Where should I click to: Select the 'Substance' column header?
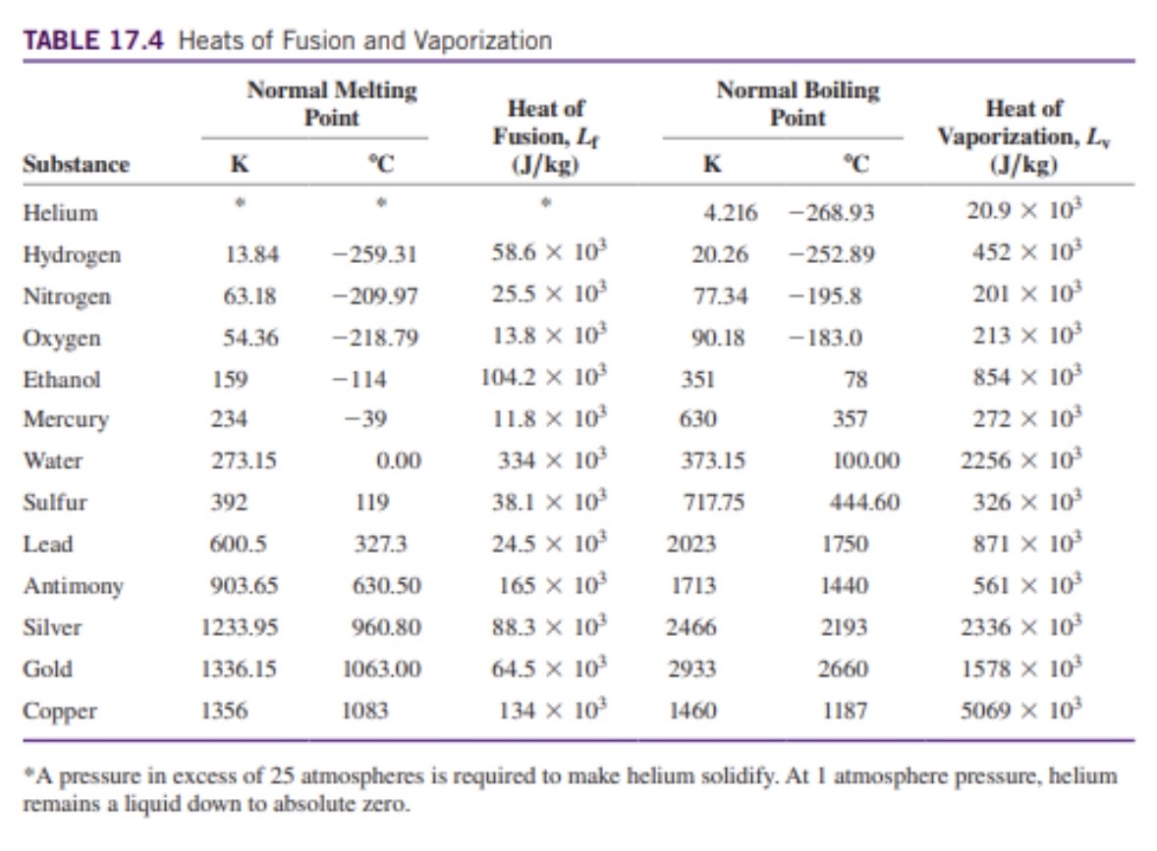pyautogui.click(x=77, y=164)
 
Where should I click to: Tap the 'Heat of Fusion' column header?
pyautogui.click(x=546, y=136)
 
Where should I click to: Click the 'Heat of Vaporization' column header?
pyautogui.click(x=1023, y=136)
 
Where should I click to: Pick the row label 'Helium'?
pyautogui.click(x=61, y=213)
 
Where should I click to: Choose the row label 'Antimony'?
pyautogui.click(x=74, y=587)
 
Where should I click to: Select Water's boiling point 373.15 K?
pyautogui.click(x=713, y=461)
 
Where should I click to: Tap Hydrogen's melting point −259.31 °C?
pyautogui.click(x=373, y=255)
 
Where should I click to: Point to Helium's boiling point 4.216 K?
pyautogui.click(x=722, y=213)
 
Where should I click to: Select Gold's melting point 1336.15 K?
pyautogui.click(x=239, y=670)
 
